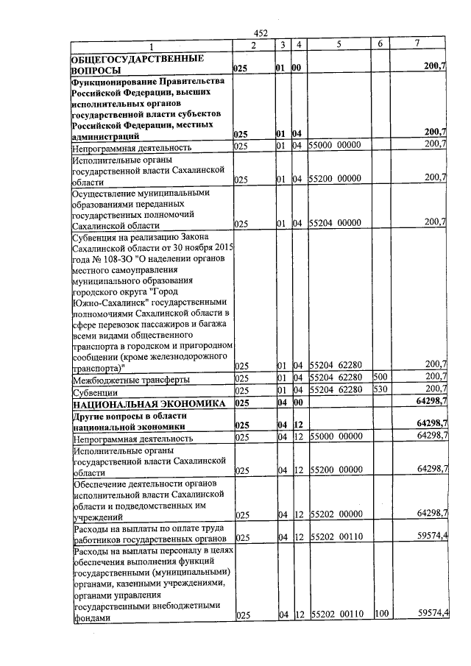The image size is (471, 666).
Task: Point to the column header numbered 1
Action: (151, 46)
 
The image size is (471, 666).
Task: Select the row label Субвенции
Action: (93, 392)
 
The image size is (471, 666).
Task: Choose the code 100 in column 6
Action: (380, 613)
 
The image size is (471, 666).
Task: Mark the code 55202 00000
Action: (336, 512)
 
